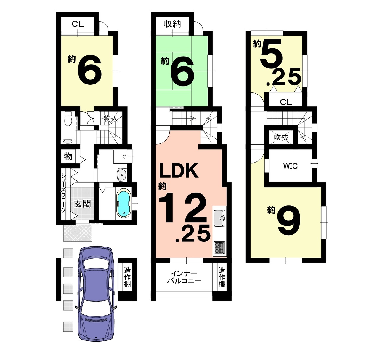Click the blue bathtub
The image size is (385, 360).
pyautogui.click(x=124, y=204)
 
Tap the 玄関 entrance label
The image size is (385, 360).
pyautogui.click(x=82, y=204)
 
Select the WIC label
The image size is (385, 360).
pyautogui.click(x=290, y=166)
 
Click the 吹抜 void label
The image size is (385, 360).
pyautogui.click(x=281, y=137)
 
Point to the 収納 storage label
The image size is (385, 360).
pyautogui.click(x=172, y=24)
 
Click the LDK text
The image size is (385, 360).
pyautogui.click(x=179, y=171)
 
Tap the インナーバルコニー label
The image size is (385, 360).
pyautogui.click(x=184, y=278)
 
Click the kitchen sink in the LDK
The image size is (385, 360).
pyautogui.click(x=219, y=218)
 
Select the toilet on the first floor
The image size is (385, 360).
pyautogui.click(x=68, y=119)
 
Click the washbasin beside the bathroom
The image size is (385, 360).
pyautogui.click(x=122, y=174)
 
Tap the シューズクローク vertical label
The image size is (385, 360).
pyautogui.click(x=63, y=193)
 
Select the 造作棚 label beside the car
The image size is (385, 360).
pyautogui.click(x=127, y=277)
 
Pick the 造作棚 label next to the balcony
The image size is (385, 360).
pyautogui.click(x=222, y=277)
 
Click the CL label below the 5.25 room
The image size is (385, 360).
pyautogui.click(x=286, y=102)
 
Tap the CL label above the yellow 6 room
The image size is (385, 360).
pyautogui.click(x=78, y=24)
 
